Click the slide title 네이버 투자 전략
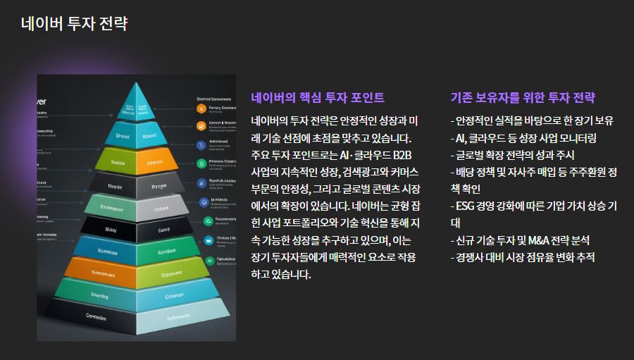(x=74, y=23)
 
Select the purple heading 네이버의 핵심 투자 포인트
(x=318, y=97)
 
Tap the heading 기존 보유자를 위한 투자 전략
(x=523, y=97)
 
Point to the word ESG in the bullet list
(x=467, y=206)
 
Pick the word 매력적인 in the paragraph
(x=336, y=257)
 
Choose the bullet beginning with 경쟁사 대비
(x=523, y=257)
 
